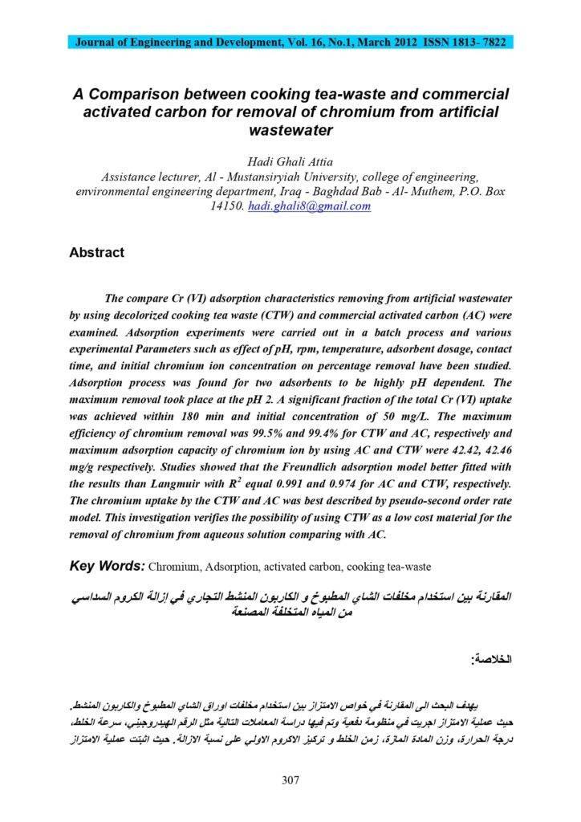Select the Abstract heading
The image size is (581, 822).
coord(96,252)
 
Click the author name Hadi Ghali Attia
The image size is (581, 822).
coord(290,161)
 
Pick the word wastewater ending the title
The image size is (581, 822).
coord(290,129)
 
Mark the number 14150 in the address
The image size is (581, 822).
coord(225,206)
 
